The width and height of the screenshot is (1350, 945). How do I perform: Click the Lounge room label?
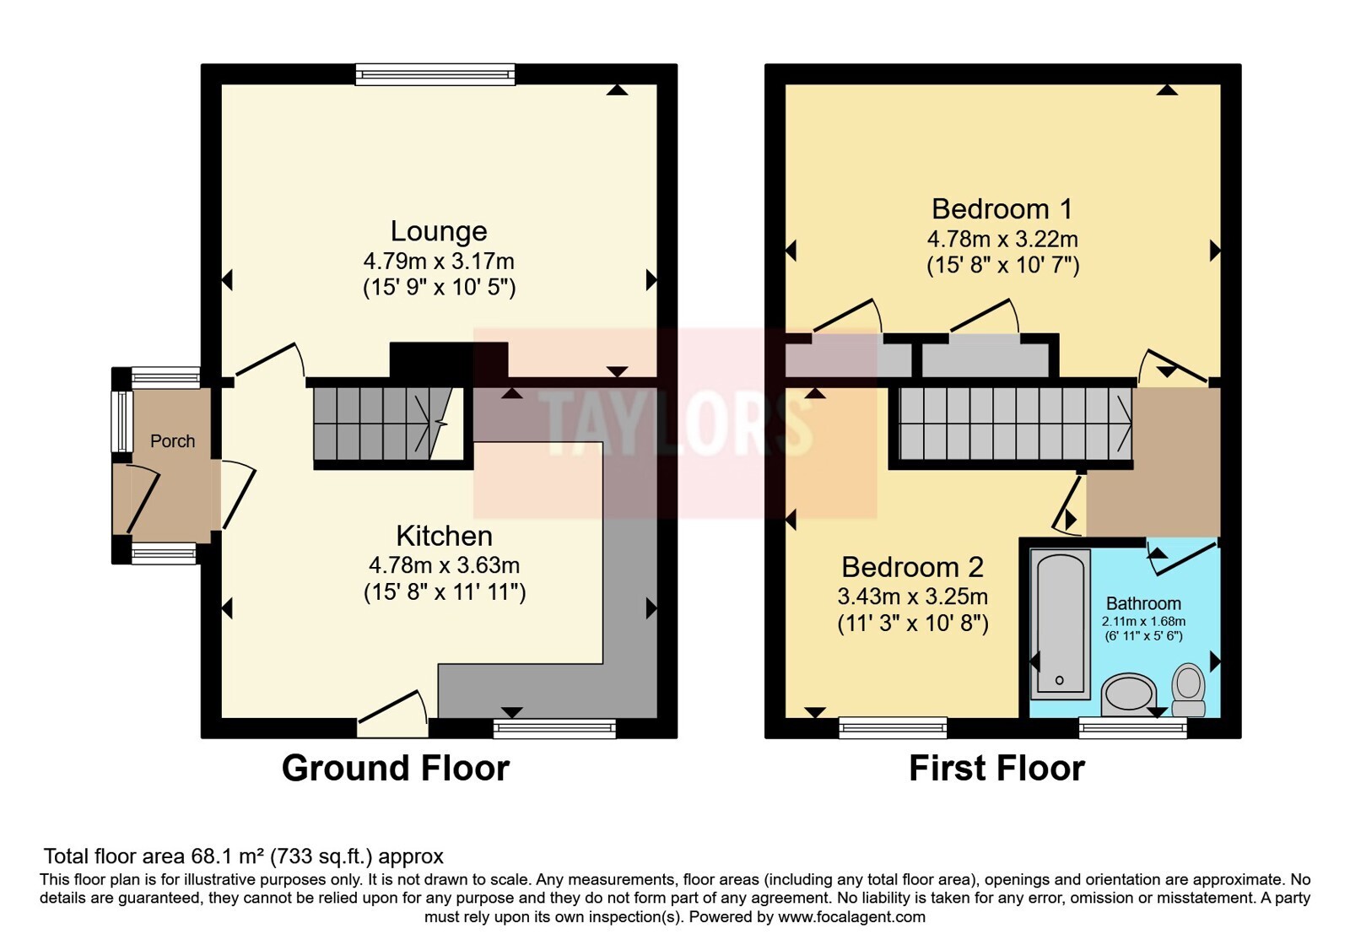click(439, 231)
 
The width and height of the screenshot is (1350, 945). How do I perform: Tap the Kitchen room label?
click(444, 536)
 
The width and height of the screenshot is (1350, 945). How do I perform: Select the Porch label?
click(172, 441)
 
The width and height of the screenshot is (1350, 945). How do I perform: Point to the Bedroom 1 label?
click(1002, 209)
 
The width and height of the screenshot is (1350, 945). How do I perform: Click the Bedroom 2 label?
click(912, 567)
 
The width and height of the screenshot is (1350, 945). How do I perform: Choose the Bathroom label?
click(1143, 603)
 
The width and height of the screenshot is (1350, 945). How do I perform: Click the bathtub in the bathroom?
click(1060, 624)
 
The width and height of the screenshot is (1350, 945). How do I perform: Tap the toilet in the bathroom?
click(1188, 689)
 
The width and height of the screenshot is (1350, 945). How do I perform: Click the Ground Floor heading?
click(396, 769)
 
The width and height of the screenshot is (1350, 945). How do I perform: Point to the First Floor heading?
click(996, 769)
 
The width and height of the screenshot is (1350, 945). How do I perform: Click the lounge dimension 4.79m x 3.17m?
click(439, 261)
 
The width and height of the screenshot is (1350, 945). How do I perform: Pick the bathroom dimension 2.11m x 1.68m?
click(1143, 621)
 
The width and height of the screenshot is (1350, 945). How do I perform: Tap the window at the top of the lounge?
click(435, 74)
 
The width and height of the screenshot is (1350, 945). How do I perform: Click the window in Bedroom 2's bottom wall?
click(894, 728)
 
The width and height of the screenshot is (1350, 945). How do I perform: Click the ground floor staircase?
click(389, 424)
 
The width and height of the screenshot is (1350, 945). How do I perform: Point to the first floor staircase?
click(1015, 424)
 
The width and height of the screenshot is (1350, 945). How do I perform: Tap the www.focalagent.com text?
click(851, 916)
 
